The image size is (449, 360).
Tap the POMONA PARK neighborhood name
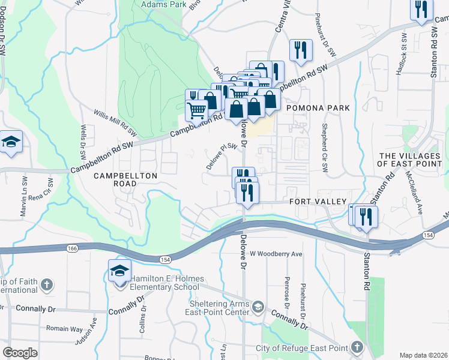pos(317,107)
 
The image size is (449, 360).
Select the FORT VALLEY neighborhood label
pos(318,202)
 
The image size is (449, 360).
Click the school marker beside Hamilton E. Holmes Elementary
pos(119,271)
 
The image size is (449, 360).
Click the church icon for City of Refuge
pos(357,347)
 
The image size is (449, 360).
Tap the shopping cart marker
pos(197,110)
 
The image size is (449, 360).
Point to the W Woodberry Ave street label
pos(276,254)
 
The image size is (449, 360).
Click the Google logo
pos(20,353)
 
